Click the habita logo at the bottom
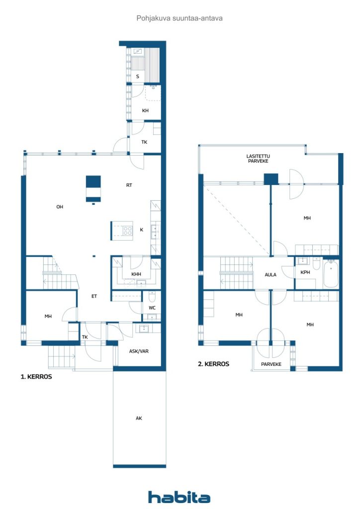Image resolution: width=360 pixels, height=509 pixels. (179, 497)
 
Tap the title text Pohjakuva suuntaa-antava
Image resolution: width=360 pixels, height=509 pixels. (180, 18)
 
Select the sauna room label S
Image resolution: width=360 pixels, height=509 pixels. (138, 77)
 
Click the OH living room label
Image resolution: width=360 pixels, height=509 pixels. (60, 206)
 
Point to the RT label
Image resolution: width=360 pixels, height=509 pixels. (129, 185)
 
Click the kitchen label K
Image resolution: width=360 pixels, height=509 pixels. (142, 230)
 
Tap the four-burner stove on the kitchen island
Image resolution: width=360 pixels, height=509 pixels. (127, 231)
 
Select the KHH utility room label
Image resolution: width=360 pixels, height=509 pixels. (136, 274)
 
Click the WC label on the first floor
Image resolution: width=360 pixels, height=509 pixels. (152, 308)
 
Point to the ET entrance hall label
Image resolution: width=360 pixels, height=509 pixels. (94, 296)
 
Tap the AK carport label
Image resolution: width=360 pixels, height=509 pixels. (139, 418)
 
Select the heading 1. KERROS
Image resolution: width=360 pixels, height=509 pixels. (36, 377)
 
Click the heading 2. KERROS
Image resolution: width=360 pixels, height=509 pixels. (213, 364)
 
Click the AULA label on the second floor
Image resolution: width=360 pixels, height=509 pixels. (270, 274)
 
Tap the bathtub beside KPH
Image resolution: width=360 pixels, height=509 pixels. (331, 274)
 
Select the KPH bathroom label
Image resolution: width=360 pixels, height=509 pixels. (305, 272)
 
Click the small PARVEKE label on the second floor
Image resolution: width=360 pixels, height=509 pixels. (271, 364)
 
